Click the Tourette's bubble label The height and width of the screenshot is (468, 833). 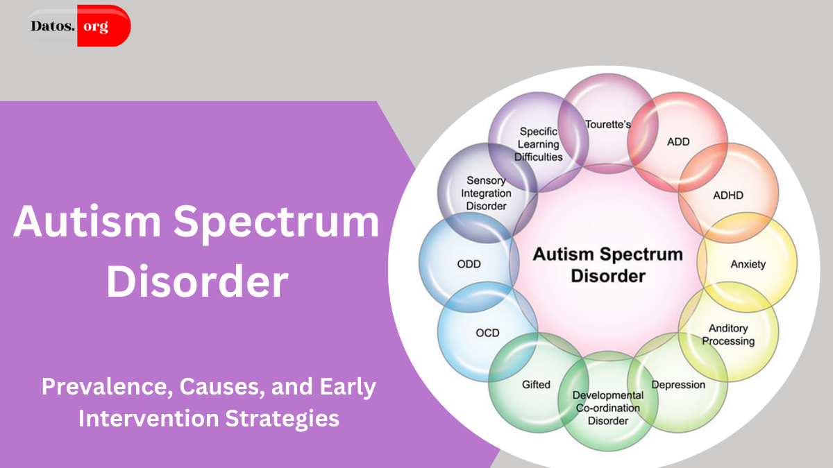tap(608, 125)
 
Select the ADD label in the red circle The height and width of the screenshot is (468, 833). tap(678, 141)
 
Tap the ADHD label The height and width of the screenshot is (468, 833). tap(728, 196)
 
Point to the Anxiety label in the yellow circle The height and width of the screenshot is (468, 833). tap(748, 264)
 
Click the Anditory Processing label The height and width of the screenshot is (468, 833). tap(727, 335)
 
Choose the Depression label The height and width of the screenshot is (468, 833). tap(678, 385)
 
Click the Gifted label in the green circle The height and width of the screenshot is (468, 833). tap(536, 385)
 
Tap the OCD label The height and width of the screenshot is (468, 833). tap(487, 333)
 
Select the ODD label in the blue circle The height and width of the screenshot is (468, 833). tap(469, 264)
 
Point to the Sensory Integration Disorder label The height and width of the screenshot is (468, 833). tap(486, 193)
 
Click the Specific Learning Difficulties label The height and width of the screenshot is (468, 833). tap(539, 144)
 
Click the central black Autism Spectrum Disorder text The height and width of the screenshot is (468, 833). tap(607, 264)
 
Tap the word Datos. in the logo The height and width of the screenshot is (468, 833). tap(53, 26)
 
